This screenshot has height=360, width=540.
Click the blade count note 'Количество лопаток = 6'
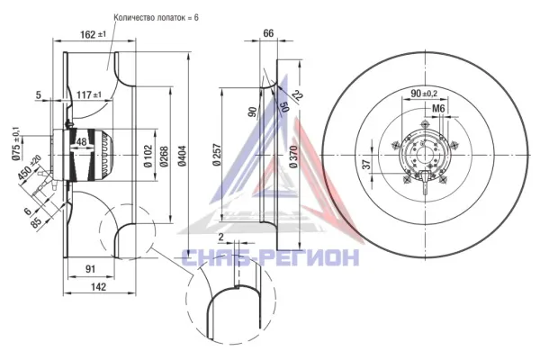pos(156,18)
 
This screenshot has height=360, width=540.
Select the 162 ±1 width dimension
pos(94,34)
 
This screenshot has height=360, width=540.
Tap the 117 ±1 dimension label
pos(89,94)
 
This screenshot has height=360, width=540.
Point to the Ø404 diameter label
pos(182,156)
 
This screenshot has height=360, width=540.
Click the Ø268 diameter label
pos(164,157)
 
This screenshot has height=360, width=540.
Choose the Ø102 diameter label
pos(148,156)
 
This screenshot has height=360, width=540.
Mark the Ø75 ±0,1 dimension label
pos(16,144)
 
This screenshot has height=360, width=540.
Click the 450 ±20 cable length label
pos(30,167)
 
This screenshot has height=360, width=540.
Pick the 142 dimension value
pos(99,286)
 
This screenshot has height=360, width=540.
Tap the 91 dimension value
pos(90,269)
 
